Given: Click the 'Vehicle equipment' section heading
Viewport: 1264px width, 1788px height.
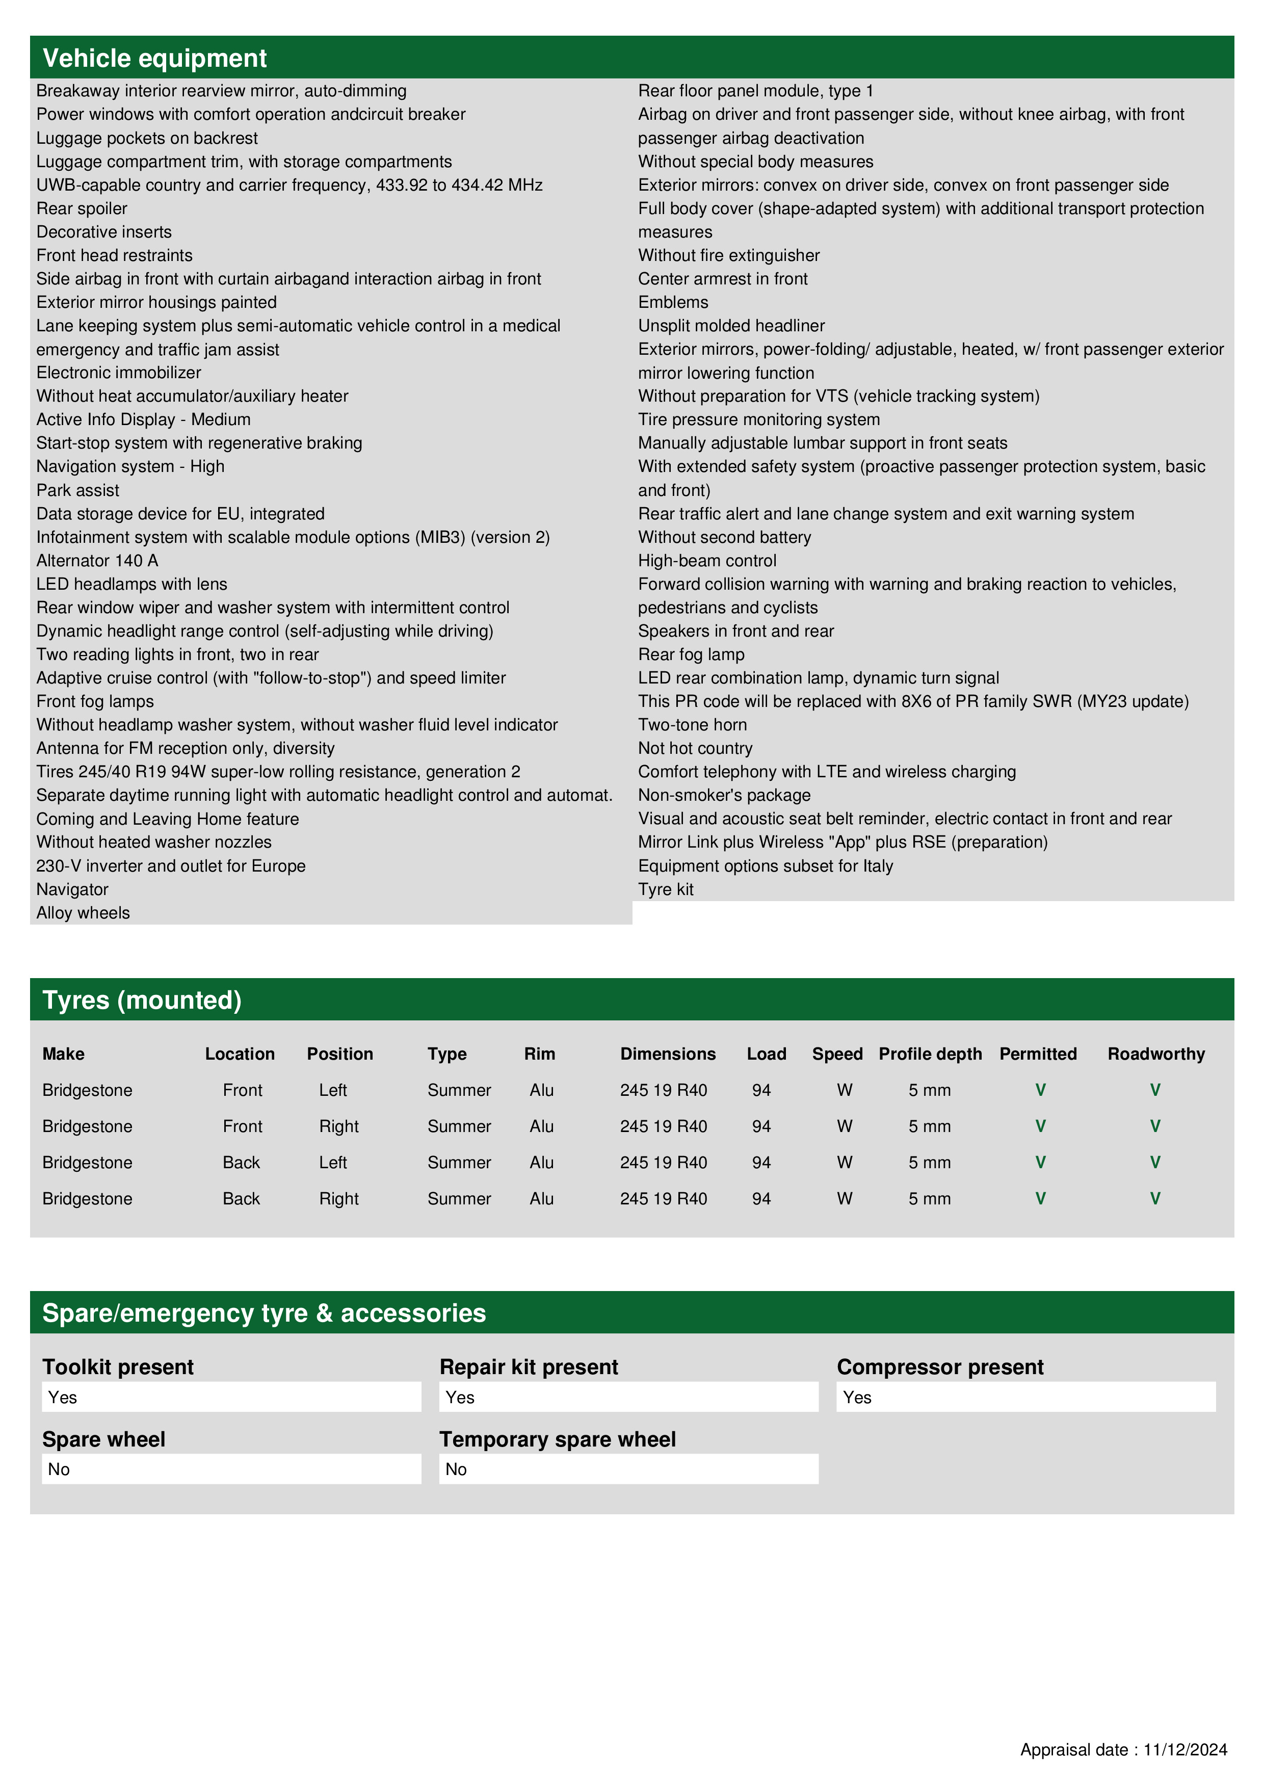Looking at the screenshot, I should click(154, 59).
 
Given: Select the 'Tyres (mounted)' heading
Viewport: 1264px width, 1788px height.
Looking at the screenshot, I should click(142, 1000).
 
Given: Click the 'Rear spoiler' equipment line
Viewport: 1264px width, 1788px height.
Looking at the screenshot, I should click(82, 208).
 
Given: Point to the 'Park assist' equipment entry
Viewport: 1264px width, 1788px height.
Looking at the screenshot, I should click(78, 491).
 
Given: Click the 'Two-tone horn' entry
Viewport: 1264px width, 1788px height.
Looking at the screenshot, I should click(692, 725).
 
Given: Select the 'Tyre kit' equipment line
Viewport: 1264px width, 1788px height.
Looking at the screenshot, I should click(666, 889).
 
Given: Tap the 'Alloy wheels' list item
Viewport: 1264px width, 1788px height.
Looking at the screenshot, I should click(83, 913).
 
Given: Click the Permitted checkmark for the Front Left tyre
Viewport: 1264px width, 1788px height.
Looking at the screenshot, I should click(1040, 1090).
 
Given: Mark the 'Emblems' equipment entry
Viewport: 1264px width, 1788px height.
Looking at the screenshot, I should click(673, 302).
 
